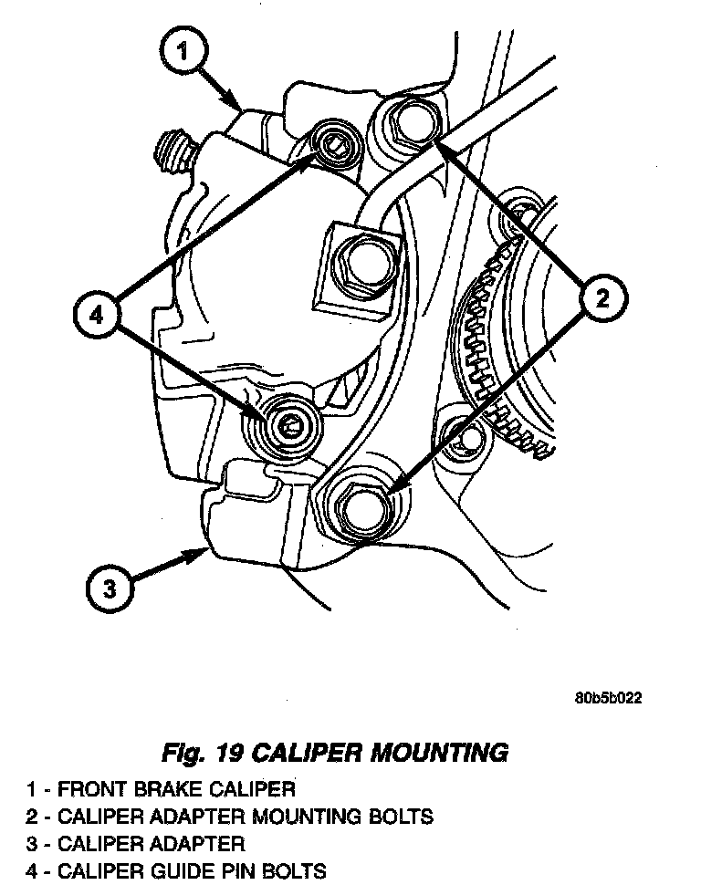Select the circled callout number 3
[x=110, y=588]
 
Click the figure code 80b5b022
[x=608, y=700]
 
